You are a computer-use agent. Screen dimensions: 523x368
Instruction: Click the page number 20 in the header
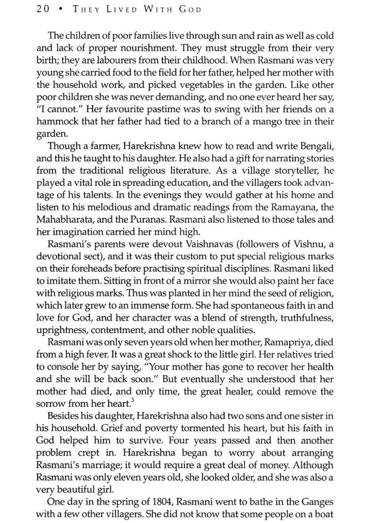click(43, 9)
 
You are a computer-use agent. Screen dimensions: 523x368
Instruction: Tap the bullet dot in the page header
click(59, 10)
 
